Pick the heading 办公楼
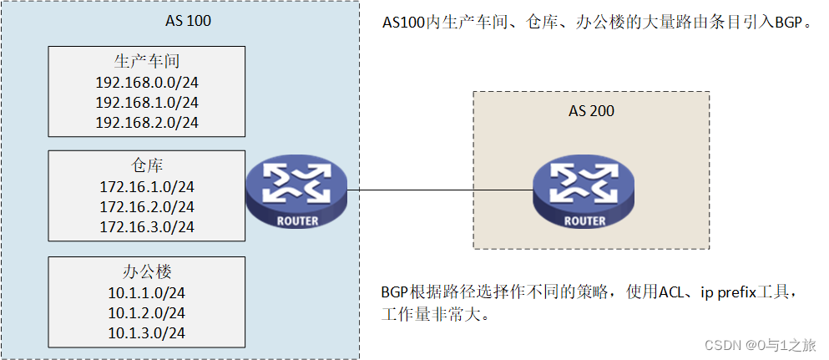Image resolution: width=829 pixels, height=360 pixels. click(147, 271)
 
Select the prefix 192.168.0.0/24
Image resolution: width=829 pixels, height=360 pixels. click(147, 82)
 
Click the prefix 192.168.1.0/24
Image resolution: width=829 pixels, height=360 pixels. click(147, 102)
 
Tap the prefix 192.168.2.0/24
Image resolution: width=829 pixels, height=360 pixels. click(147, 122)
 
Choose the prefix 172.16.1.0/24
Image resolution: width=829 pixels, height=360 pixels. click(147, 186)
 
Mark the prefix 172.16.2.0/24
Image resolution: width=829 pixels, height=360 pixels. click(147, 206)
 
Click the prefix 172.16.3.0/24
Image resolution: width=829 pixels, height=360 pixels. click(147, 226)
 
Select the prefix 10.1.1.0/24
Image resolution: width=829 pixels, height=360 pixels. click(147, 292)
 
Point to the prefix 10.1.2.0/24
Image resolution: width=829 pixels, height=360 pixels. click(147, 312)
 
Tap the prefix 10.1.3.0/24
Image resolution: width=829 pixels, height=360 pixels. click(147, 332)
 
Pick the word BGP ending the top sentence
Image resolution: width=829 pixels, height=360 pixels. click(787, 23)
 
